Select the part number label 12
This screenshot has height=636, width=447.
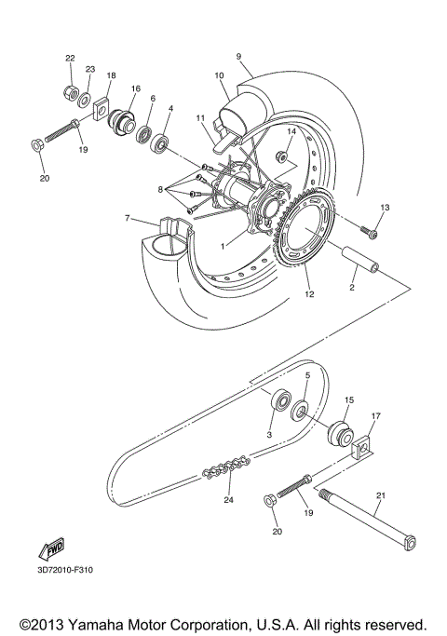click(308, 293)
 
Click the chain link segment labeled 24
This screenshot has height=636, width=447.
click(224, 466)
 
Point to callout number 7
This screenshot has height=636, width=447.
click(126, 220)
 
